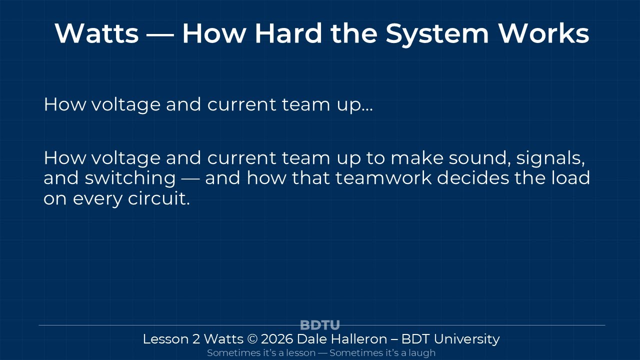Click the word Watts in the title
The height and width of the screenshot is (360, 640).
click(x=96, y=33)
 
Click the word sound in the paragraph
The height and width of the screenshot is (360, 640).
click(x=479, y=158)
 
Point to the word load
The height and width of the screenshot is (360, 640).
click(x=570, y=178)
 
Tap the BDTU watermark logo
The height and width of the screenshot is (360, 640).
click(x=319, y=325)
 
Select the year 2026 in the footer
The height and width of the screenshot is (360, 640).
click(x=277, y=339)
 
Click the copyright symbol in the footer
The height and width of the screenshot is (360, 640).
click(x=252, y=339)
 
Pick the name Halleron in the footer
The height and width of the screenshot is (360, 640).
click(x=359, y=339)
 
